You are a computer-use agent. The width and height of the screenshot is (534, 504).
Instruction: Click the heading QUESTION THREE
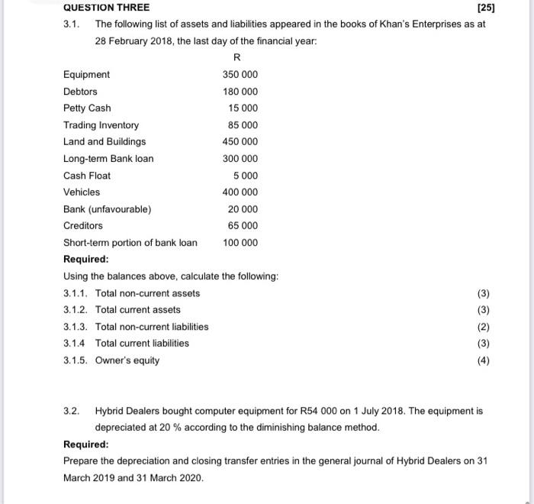[x=106, y=8]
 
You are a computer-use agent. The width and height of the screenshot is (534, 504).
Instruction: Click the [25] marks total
[x=484, y=8]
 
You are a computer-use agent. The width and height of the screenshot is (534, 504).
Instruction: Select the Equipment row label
[x=86, y=75]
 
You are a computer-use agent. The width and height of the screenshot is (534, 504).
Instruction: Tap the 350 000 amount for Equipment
[x=240, y=75]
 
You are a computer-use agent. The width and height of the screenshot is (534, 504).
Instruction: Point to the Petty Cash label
[x=87, y=108]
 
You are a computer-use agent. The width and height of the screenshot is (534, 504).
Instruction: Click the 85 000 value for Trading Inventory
[x=243, y=125]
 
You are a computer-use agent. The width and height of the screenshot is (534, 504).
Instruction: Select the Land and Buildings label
[x=105, y=142]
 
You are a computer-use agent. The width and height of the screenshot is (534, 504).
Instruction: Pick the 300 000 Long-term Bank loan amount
[x=240, y=159]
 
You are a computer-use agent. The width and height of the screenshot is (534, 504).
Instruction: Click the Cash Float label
[x=87, y=176]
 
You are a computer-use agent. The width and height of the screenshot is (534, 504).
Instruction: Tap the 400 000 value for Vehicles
[x=240, y=192]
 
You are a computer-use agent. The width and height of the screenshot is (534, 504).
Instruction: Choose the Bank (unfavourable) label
[x=108, y=209]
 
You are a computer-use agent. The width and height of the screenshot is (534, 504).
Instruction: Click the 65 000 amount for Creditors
[x=243, y=226]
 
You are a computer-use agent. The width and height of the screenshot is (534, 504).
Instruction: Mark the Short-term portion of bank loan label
[x=130, y=243]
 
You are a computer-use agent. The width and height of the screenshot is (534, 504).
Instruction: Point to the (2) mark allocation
[x=483, y=327]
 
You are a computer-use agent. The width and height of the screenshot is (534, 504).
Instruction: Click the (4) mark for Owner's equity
[x=483, y=360]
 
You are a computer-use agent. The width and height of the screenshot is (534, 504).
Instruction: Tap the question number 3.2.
[x=72, y=411]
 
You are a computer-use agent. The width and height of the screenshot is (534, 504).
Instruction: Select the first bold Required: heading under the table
[x=86, y=260]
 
